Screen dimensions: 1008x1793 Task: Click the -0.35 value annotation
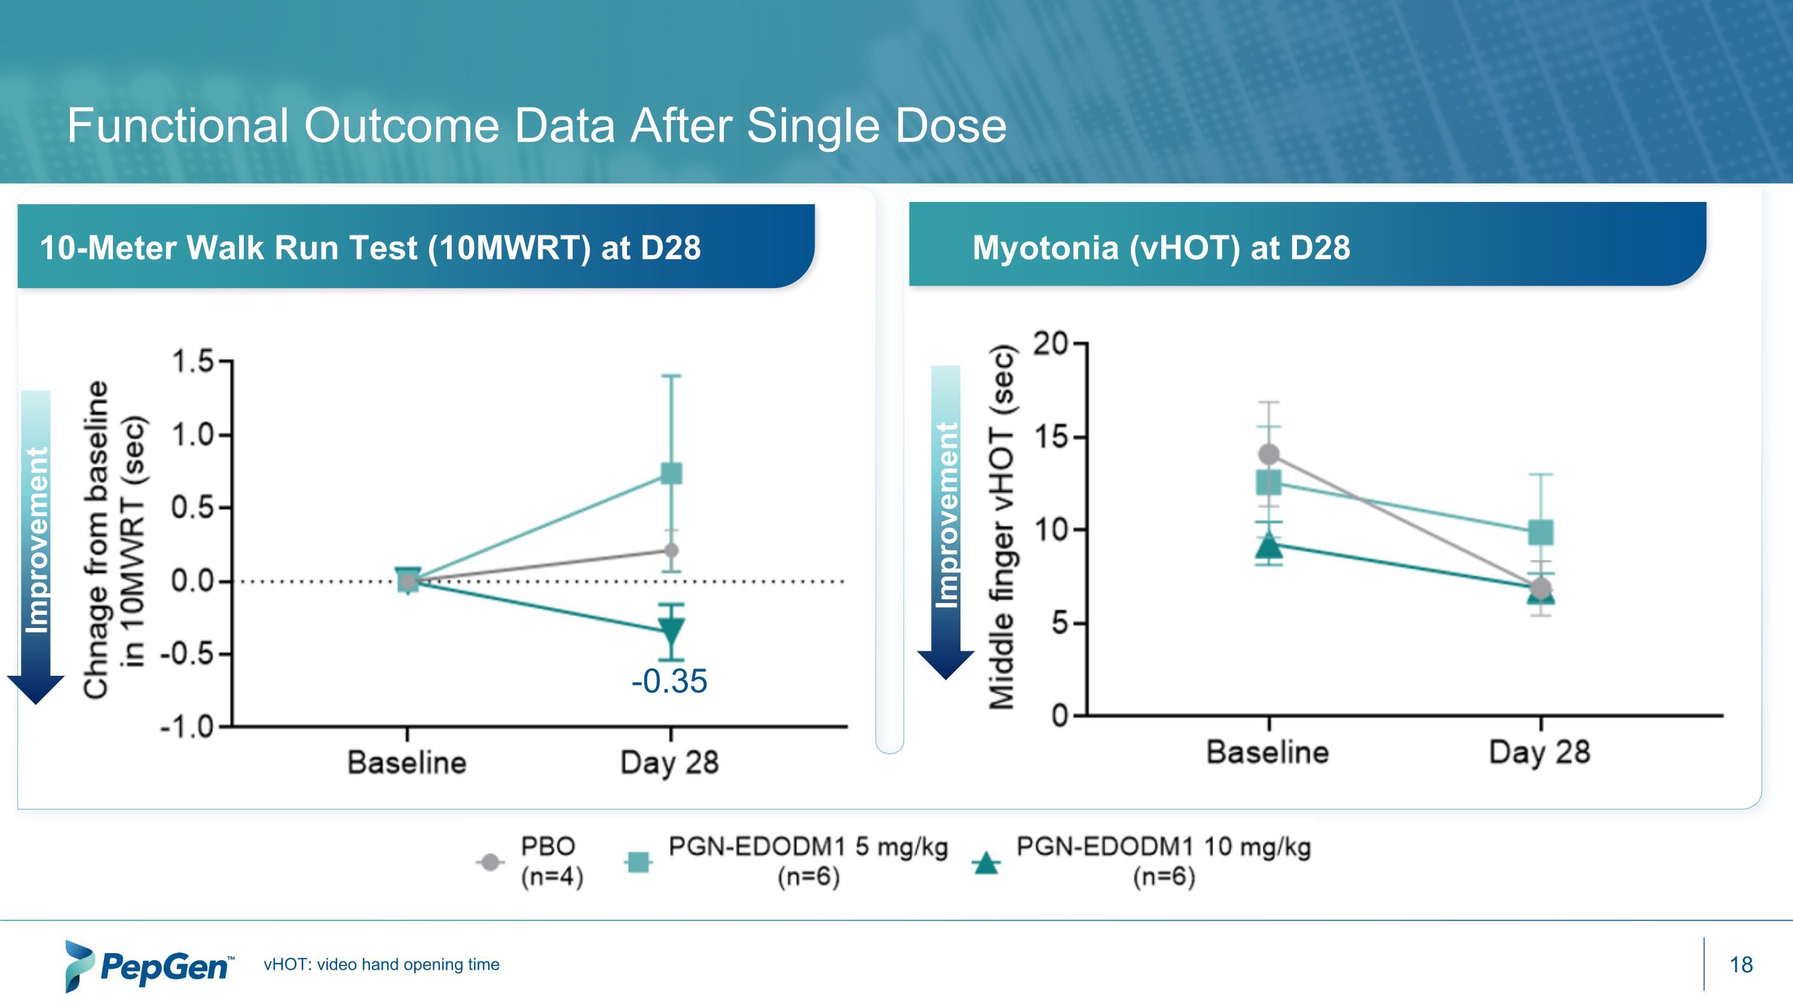click(669, 681)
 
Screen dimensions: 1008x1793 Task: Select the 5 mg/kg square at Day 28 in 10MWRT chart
click(671, 474)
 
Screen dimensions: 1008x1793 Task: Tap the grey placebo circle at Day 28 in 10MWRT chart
click(671, 550)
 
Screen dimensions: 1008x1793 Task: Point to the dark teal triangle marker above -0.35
click(671, 630)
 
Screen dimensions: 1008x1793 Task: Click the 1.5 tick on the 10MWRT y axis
click(193, 361)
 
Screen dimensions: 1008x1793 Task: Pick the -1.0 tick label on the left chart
click(187, 727)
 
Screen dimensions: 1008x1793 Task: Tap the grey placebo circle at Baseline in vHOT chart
click(1269, 454)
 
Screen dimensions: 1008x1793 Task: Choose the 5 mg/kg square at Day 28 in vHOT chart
click(1541, 533)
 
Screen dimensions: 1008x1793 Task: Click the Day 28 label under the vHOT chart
click(1540, 753)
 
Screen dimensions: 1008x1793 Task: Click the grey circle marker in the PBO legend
click(490, 863)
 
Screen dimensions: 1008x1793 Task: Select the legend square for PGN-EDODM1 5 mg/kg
click(638, 863)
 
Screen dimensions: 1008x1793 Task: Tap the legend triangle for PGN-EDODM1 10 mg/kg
click(986, 863)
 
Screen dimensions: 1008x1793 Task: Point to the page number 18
click(1741, 965)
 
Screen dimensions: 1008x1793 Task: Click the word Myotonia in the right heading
click(1045, 247)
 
